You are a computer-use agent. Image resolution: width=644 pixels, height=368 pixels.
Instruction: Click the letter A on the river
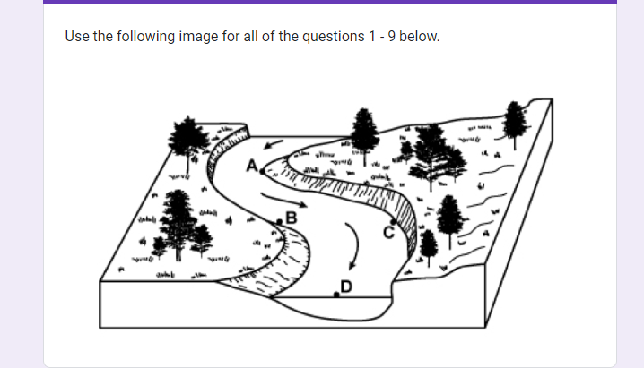(252, 164)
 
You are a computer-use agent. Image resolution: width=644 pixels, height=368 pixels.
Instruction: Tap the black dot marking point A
(261, 169)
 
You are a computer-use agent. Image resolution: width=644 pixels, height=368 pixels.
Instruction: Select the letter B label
(290, 215)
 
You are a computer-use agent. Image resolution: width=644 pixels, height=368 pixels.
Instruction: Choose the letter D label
(346, 286)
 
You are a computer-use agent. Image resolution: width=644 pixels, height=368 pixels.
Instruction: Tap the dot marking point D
(336, 292)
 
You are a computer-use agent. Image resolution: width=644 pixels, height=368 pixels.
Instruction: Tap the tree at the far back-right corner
(514, 121)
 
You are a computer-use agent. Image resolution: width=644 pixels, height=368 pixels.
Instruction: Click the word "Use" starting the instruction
(76, 38)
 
